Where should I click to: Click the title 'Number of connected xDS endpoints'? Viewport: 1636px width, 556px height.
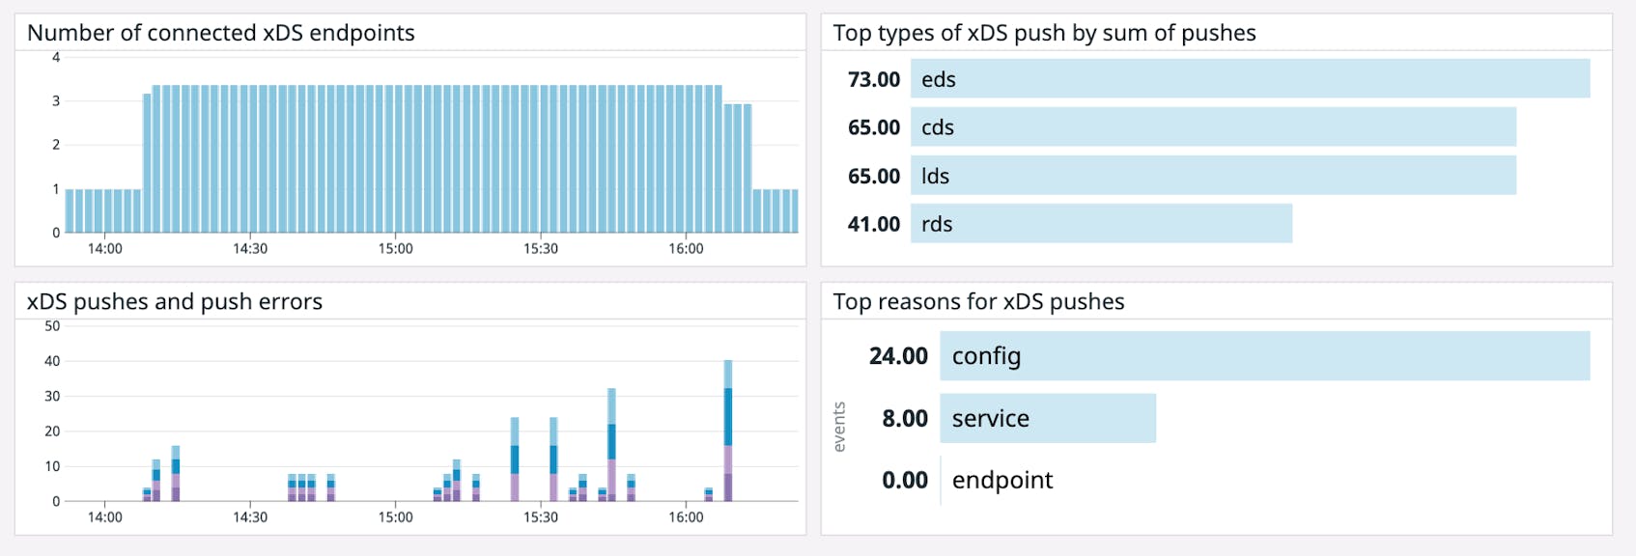click(x=221, y=33)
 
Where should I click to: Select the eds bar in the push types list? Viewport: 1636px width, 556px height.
click(x=1250, y=79)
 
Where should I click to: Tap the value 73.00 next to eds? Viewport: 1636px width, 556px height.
click(x=873, y=79)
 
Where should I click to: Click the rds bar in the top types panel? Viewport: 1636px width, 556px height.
click(x=1101, y=224)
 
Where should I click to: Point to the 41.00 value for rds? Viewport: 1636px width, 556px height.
click(x=873, y=224)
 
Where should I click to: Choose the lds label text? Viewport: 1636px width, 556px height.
click(x=935, y=176)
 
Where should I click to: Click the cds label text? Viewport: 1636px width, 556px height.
click(x=937, y=127)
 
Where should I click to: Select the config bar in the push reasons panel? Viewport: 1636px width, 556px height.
click(x=1264, y=356)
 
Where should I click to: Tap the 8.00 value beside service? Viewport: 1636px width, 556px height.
click(x=904, y=418)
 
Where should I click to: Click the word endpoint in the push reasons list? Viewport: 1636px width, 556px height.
click(x=1001, y=480)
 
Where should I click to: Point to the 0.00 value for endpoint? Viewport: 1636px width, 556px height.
click(x=904, y=480)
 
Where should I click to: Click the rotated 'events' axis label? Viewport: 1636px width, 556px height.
click(x=839, y=427)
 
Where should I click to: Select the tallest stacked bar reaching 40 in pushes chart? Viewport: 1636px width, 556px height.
click(x=728, y=430)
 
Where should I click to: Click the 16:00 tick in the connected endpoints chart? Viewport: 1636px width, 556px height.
click(x=686, y=249)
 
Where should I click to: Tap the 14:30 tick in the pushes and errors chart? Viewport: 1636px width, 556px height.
click(x=250, y=517)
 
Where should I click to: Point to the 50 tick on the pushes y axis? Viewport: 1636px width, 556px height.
click(x=52, y=326)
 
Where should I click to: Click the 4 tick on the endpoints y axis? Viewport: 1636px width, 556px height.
click(x=56, y=58)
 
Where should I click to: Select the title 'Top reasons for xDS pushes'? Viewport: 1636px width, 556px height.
click(x=978, y=302)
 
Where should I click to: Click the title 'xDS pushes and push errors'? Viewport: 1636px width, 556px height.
click(x=175, y=302)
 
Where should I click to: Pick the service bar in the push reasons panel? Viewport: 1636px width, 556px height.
click(x=1048, y=418)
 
